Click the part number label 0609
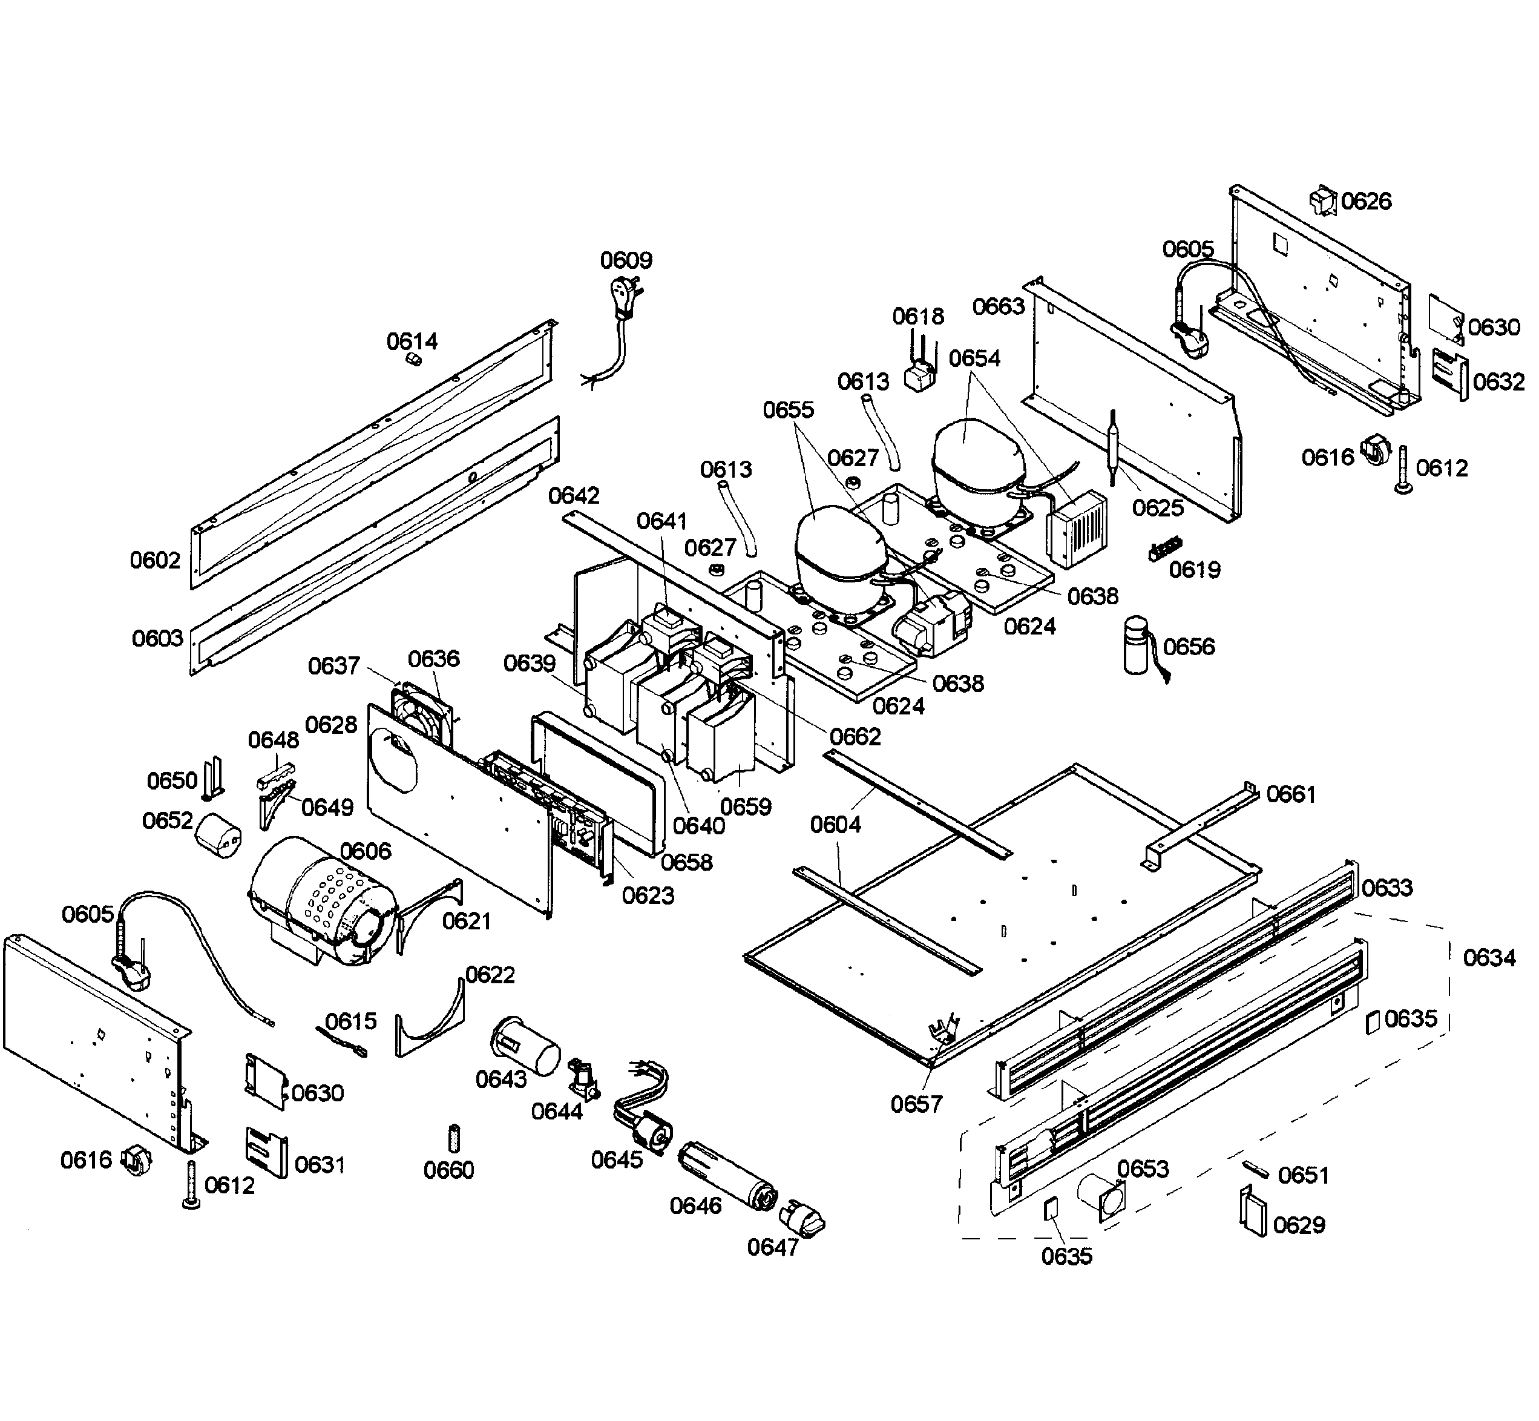[x=626, y=261]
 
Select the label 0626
[x=1366, y=202]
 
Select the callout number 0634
[x=1489, y=957]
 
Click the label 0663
[x=999, y=307]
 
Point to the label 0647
[x=773, y=1247]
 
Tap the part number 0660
[x=448, y=1170]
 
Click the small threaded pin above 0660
[x=453, y=1136]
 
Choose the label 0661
[x=1291, y=794]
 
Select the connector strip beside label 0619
[x=1163, y=552]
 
